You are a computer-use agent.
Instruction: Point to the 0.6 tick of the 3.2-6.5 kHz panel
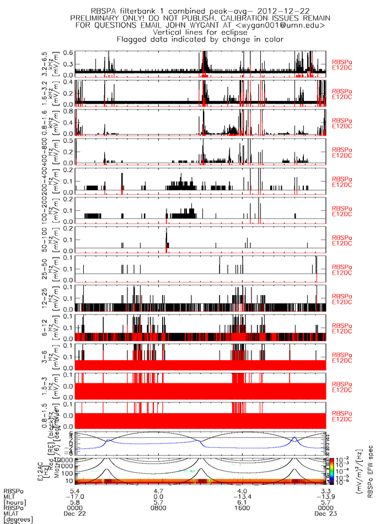pos(68,52)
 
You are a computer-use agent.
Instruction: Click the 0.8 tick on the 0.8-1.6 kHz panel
pos(68,110)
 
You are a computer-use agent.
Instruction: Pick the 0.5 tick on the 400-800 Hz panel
pos(68,140)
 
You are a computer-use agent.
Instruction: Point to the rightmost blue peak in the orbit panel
pos(295,438)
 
